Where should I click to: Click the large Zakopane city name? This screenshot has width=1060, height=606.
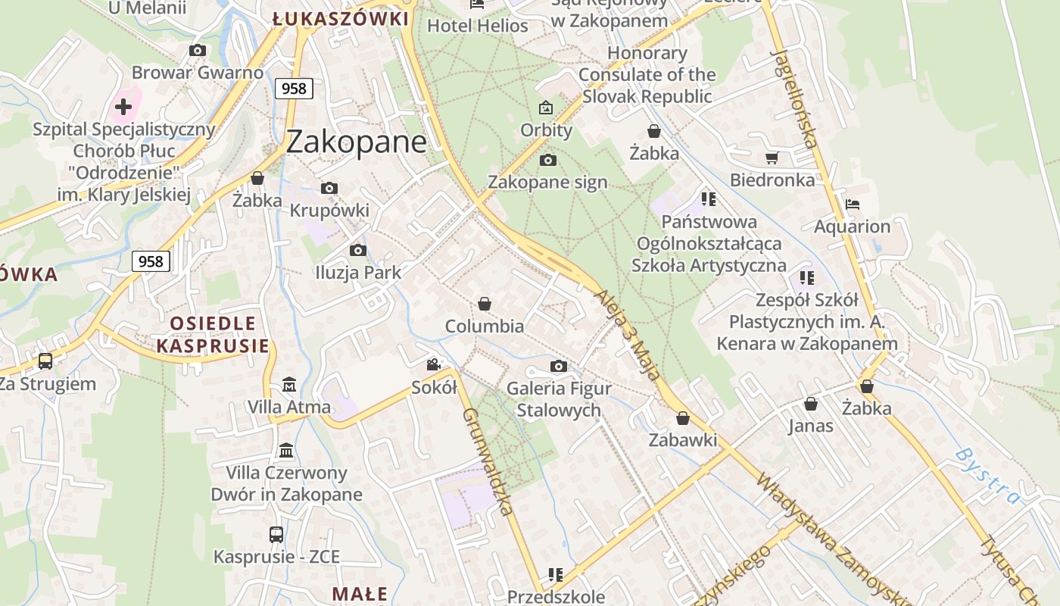356,142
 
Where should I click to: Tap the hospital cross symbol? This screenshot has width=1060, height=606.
123,107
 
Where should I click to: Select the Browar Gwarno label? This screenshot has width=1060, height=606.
198,73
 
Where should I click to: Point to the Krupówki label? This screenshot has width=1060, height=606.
329,210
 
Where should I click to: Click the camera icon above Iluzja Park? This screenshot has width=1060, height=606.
358,250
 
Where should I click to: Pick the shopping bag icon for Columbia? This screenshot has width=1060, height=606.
485,305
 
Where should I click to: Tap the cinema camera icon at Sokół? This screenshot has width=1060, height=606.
433,365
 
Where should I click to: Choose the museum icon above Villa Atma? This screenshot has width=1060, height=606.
288,385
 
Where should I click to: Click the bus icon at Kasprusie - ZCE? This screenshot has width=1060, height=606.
276,535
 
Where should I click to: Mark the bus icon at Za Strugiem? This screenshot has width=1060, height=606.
45,361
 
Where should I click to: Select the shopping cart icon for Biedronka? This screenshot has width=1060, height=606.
772,158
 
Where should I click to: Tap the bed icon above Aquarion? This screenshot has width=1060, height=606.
853,205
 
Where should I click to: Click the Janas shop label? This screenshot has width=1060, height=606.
810,426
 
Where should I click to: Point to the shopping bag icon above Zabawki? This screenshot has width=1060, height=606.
683,418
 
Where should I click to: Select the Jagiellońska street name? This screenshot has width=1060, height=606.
794,98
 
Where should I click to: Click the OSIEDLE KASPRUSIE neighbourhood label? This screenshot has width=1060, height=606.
213,335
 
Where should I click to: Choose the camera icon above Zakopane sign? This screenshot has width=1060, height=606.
548,161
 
